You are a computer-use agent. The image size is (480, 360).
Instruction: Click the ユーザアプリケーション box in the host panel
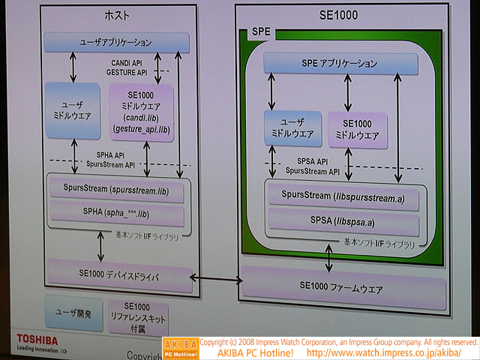click(115, 42)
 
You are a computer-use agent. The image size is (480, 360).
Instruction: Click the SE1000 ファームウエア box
click(342, 286)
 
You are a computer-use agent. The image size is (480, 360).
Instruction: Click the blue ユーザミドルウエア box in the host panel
click(72, 111)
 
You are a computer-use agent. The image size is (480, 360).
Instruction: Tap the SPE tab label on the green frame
click(258, 34)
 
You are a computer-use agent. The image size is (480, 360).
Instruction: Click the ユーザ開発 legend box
click(73, 313)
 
